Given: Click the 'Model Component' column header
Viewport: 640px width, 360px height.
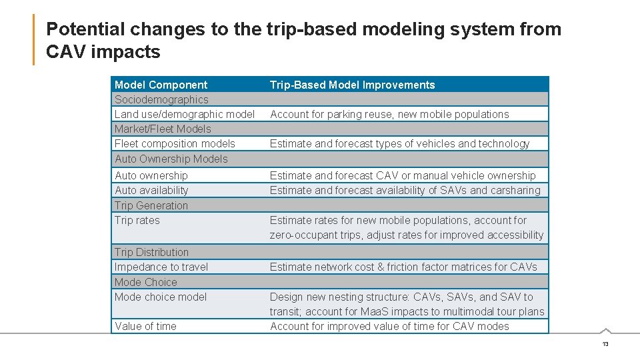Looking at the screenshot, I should point(161,85).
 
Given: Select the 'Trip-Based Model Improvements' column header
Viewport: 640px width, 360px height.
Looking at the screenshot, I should point(352,85).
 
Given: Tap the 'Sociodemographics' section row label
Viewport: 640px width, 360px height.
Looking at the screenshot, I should point(161,99).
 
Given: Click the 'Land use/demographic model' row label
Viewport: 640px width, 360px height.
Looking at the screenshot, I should point(185,114).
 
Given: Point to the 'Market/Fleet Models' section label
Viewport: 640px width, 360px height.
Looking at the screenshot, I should point(163,129).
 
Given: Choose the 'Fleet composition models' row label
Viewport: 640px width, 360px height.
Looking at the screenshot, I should point(175,143).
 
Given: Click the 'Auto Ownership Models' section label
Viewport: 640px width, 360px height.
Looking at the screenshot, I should point(171,159).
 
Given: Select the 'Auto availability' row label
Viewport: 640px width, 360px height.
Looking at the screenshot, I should point(151,190).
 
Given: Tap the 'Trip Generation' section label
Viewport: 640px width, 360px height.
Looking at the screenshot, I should point(151,205).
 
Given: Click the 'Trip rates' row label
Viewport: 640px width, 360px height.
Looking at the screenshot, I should point(137,220).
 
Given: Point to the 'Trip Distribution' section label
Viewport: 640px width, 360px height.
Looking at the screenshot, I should point(151,252).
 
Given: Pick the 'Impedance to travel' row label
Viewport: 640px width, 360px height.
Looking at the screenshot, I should point(161,267).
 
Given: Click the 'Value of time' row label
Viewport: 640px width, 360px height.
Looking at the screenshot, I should point(145,326).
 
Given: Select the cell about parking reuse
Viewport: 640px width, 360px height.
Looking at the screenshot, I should point(389,114).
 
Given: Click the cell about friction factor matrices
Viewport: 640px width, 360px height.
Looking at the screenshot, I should point(403,267).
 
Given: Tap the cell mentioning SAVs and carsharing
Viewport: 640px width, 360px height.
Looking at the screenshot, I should point(405,190).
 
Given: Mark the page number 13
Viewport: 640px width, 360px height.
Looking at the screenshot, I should point(605,344).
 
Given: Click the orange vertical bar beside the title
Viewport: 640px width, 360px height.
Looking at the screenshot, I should point(33,40).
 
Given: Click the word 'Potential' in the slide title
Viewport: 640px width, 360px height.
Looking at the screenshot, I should point(85,29).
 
